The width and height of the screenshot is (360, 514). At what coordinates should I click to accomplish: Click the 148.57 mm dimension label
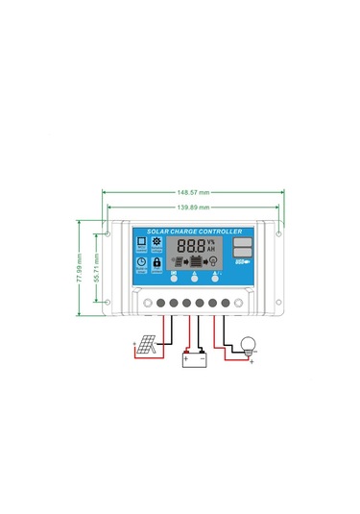[196, 191]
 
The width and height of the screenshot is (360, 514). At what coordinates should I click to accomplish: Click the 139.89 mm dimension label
[196, 207]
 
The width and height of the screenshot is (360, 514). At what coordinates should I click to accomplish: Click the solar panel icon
[143, 345]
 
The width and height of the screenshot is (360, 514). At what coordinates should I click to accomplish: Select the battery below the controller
[195, 360]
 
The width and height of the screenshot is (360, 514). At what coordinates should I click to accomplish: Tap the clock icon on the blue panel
[141, 261]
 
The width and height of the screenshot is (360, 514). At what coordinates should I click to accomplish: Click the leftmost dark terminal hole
[160, 304]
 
